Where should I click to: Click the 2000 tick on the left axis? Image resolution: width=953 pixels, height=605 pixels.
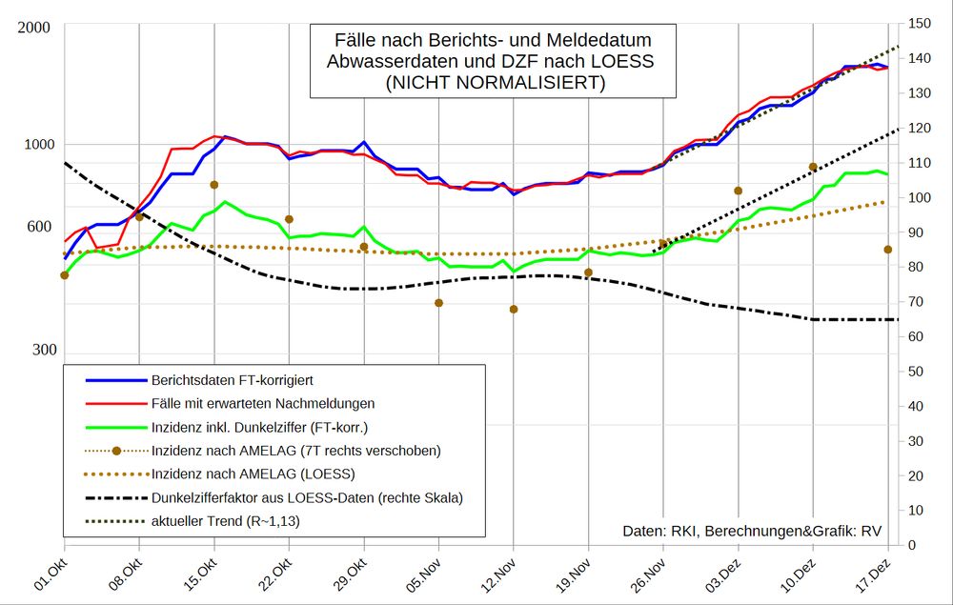(34, 26)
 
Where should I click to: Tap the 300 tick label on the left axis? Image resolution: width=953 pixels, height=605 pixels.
(39, 350)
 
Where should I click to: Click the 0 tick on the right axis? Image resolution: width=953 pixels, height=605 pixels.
(913, 545)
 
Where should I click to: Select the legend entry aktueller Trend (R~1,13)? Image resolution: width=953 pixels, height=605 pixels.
(230, 521)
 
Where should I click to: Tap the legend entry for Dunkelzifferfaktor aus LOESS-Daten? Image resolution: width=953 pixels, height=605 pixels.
(306, 497)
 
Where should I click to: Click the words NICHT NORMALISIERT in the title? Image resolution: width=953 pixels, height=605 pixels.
(494, 83)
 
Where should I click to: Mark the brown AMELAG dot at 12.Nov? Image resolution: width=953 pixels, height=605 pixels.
(514, 310)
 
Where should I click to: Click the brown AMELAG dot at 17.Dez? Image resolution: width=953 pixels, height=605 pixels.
(887, 250)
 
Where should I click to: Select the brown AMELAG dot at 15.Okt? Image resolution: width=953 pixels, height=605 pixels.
(214, 185)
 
